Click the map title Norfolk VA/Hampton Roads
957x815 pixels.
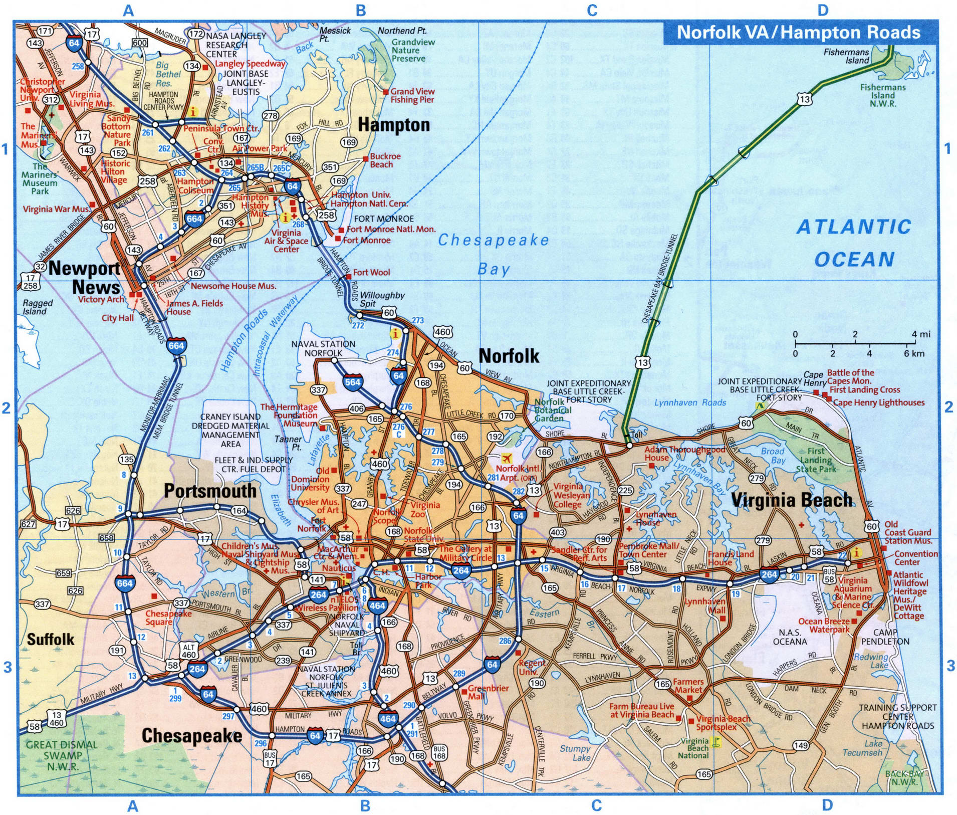[x=798, y=33]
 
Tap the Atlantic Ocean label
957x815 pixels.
[x=854, y=243]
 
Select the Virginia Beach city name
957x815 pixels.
[x=792, y=500]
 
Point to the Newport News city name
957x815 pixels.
[x=84, y=278]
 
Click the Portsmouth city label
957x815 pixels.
[x=210, y=490]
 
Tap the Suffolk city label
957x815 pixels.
[x=50, y=639]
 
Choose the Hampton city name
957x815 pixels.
[x=394, y=125]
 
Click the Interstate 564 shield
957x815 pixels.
[x=353, y=381]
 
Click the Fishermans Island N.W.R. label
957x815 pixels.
[x=883, y=95]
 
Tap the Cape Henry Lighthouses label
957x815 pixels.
[x=878, y=402]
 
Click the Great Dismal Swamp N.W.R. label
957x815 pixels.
[x=62, y=755]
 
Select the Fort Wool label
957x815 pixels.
[x=371, y=272]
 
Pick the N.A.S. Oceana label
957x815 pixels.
[x=790, y=637]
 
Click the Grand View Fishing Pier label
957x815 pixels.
[x=412, y=95]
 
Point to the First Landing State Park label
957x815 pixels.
[x=816, y=460]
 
